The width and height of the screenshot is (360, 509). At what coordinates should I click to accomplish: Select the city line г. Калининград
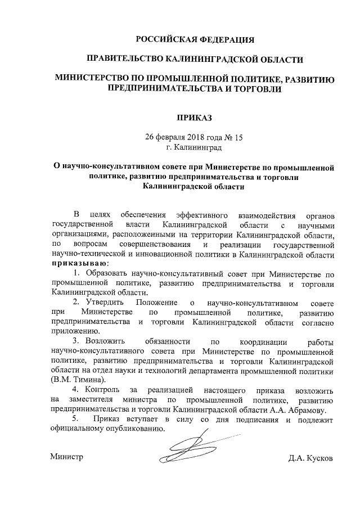click(194, 148)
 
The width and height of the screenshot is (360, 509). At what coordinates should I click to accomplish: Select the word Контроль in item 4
click(105, 390)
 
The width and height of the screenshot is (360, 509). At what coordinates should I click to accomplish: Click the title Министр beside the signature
click(66, 457)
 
